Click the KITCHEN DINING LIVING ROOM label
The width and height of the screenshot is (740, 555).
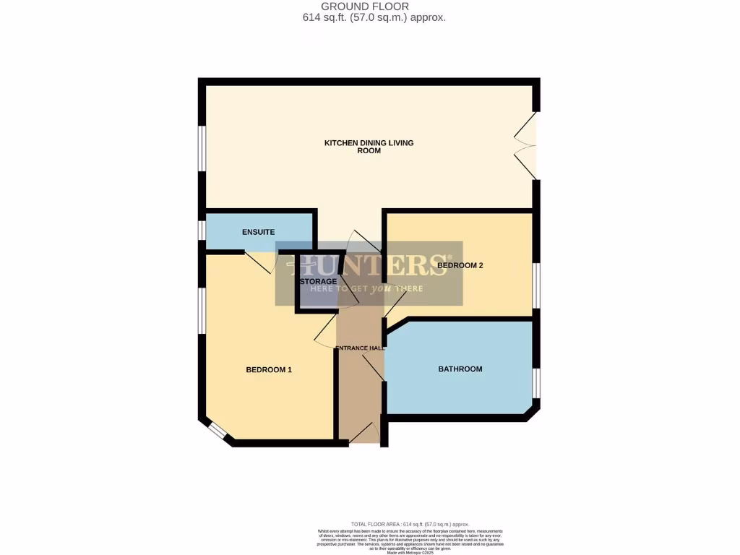[369, 147]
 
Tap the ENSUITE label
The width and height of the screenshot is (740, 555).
[258, 232]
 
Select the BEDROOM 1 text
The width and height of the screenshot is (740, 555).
[269, 370]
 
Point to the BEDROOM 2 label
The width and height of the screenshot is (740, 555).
[460, 266]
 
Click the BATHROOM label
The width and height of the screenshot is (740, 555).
[460, 369]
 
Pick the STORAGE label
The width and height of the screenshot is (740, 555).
[318, 281]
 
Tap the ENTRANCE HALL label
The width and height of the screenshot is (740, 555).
[359, 348]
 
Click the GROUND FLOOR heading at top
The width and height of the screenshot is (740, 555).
[369, 7]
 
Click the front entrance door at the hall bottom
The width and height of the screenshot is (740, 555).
[365, 434]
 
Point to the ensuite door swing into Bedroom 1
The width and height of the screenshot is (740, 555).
[259, 262]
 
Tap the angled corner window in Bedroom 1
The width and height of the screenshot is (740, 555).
[215, 431]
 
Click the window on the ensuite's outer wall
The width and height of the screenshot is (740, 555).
[202, 230]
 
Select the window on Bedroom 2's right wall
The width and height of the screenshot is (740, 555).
[535, 285]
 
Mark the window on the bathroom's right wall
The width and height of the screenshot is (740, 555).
[535, 383]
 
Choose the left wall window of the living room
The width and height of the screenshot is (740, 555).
[203, 148]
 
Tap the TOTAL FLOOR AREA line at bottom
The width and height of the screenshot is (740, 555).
[410, 524]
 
